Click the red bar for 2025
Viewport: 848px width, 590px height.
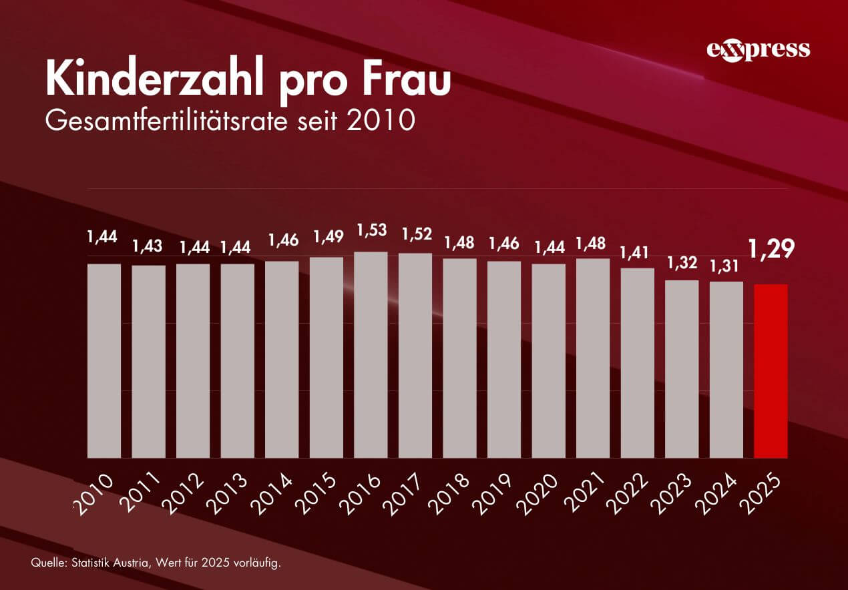[x=771, y=371]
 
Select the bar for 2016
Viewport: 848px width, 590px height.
[x=371, y=354]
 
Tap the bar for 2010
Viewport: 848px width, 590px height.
[x=104, y=360]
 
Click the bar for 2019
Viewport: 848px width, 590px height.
[x=504, y=359]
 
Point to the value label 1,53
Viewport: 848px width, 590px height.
[x=371, y=230]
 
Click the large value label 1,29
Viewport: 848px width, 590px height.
[x=773, y=249]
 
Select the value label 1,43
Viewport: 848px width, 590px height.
[x=148, y=246]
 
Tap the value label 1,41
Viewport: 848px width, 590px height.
[x=637, y=253]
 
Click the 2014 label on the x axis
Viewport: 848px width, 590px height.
[x=274, y=495]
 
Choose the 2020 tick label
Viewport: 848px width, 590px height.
[x=542, y=495]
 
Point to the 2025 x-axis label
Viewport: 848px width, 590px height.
[x=764, y=495]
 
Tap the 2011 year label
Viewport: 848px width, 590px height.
[x=141, y=495]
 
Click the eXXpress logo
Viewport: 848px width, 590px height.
[x=758, y=50]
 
